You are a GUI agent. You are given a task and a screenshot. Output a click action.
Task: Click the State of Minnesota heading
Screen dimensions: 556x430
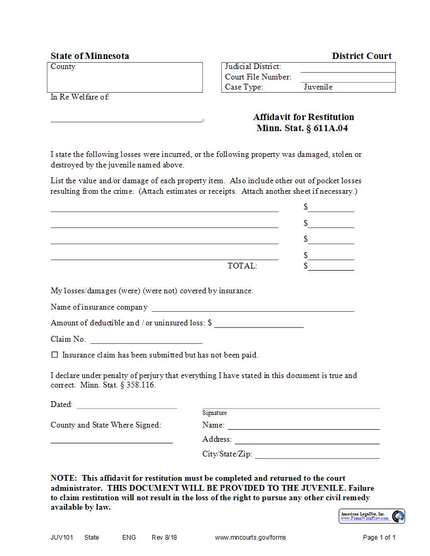[90, 56]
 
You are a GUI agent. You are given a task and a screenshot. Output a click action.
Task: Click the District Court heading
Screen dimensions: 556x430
[361, 56]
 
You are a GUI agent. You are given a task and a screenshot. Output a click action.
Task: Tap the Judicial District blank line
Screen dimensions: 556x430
[347, 68]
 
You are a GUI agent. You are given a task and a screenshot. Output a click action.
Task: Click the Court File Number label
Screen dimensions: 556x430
[258, 77]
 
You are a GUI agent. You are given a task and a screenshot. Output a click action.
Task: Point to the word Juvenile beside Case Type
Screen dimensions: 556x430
[318, 87]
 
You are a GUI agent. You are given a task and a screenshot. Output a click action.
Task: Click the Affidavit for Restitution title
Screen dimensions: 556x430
[303, 117]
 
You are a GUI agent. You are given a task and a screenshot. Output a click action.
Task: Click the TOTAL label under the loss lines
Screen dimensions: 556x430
[242, 266]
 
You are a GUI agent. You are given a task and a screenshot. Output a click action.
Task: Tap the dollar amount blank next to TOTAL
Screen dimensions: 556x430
[331, 267]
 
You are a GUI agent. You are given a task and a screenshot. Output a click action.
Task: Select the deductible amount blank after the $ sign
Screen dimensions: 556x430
[259, 324]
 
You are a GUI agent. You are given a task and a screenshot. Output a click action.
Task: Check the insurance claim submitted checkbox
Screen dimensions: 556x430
[54, 355]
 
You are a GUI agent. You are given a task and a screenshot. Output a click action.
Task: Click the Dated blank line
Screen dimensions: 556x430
[127, 405]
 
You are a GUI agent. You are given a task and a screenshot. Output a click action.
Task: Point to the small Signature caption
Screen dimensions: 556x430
[214, 413]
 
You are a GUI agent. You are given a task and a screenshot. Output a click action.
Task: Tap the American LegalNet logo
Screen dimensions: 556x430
[372, 516]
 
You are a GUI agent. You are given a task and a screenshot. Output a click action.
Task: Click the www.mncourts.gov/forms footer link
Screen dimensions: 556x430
[250, 538]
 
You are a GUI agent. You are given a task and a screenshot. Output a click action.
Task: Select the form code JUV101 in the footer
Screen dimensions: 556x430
[62, 538]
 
